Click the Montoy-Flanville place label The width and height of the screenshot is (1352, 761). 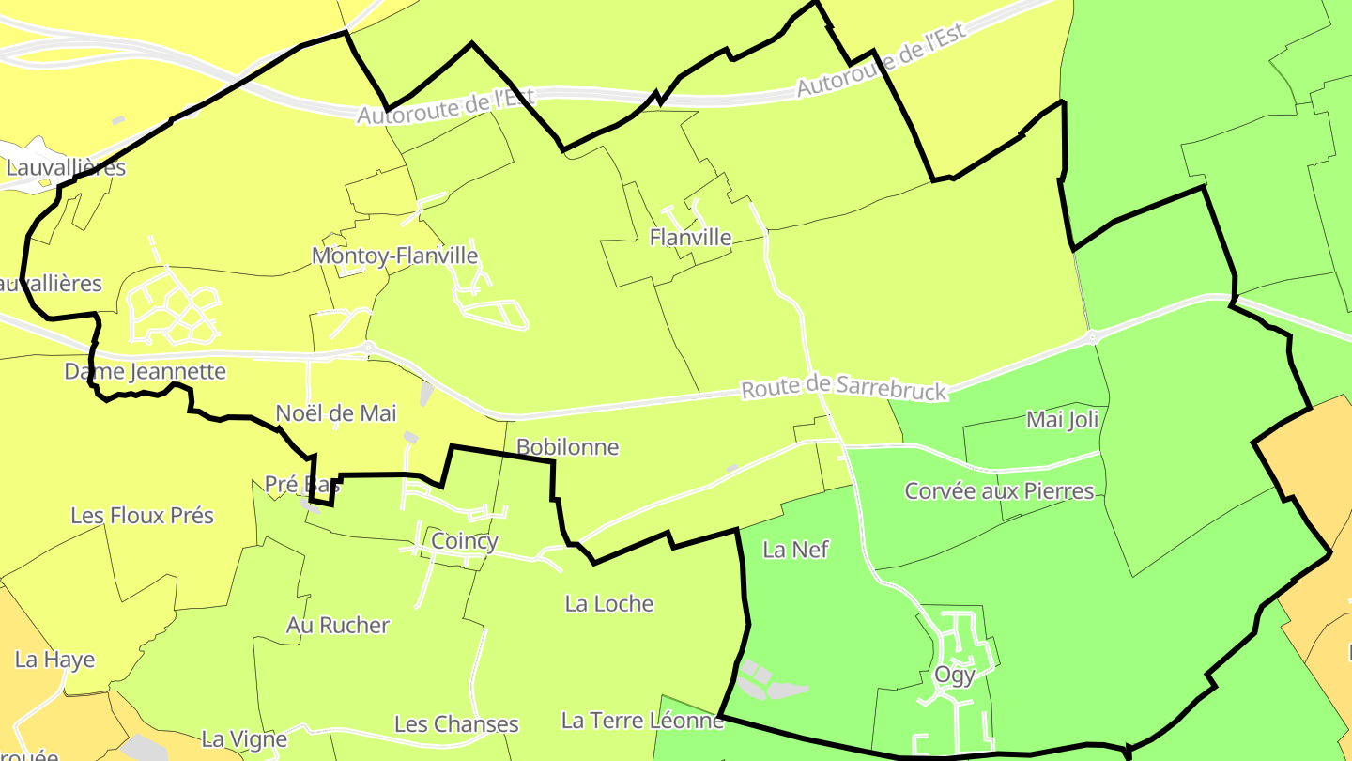(394, 256)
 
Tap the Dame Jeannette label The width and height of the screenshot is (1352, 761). (145, 371)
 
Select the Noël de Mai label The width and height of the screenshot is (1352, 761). (336, 413)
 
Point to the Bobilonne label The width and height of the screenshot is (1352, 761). (567, 447)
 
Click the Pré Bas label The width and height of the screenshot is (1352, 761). (301, 485)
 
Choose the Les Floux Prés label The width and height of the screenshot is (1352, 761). (142, 516)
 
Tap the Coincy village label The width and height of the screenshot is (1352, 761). (464, 541)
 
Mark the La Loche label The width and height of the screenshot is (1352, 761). (608, 603)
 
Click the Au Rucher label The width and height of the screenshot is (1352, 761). (337, 626)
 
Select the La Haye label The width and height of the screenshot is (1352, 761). (54, 660)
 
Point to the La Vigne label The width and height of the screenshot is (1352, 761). (244, 739)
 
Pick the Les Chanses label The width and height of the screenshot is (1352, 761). (456, 724)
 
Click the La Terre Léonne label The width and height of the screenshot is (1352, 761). (642, 721)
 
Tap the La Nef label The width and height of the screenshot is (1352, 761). (795, 550)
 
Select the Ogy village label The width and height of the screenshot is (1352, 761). (954, 675)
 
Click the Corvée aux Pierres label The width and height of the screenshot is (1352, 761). (999, 491)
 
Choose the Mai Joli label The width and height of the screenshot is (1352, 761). (1062, 419)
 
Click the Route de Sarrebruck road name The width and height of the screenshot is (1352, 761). (844, 387)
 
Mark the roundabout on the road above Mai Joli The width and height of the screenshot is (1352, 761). (1092, 336)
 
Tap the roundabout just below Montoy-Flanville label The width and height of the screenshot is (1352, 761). (368, 347)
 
